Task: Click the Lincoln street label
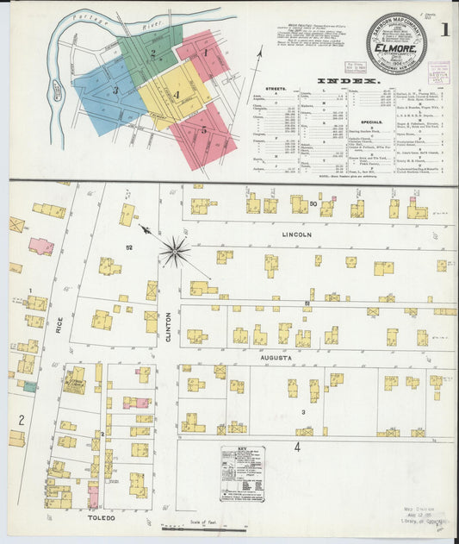[x=295, y=234]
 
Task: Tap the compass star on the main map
[x=175, y=252]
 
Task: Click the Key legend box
[x=242, y=473]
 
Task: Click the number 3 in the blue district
[x=115, y=89]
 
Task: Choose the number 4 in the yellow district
[x=176, y=94]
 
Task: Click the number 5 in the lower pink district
[x=203, y=130]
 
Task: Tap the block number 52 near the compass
[x=128, y=247]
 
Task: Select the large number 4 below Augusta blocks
[x=297, y=447]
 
